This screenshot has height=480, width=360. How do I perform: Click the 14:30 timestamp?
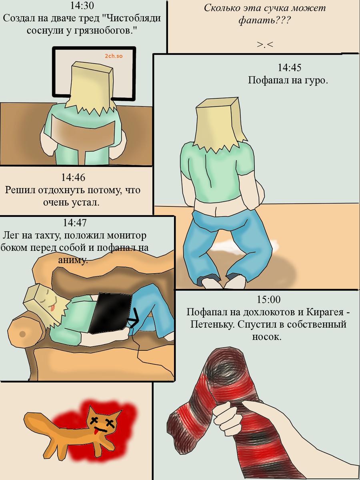click(82, 6)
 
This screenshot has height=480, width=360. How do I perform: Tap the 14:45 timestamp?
click(289, 68)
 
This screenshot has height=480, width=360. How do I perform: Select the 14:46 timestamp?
click(73, 178)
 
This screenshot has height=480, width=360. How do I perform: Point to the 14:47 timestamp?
click(75, 223)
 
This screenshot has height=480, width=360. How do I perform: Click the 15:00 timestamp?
click(268, 300)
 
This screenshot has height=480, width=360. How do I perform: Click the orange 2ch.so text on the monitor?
click(114, 56)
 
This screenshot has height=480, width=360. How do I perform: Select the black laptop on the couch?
click(111, 313)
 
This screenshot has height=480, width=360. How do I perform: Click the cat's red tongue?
click(96, 432)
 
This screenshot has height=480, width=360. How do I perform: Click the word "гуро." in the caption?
click(316, 80)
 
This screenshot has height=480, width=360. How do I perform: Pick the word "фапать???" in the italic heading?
click(265, 21)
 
